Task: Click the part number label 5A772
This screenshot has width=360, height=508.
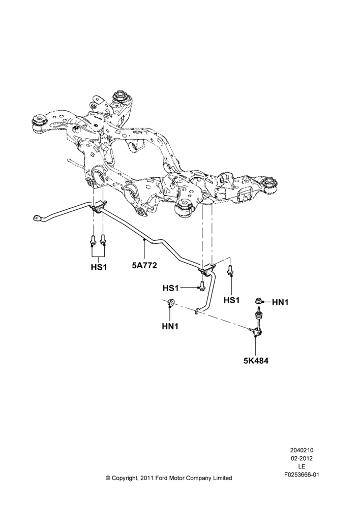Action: point(144,266)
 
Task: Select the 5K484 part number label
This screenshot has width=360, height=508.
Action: point(256,361)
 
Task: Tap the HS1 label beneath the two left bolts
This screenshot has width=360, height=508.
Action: point(99,268)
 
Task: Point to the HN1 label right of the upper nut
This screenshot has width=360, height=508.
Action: point(280,302)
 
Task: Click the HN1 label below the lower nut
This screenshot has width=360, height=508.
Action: point(170,327)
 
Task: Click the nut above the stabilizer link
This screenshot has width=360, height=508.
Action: point(258,301)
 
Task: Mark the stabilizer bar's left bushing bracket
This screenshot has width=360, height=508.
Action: point(98,208)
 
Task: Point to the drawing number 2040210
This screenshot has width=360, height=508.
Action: point(302,450)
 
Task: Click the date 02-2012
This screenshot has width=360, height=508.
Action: point(302,458)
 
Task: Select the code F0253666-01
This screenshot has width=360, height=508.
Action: point(302,475)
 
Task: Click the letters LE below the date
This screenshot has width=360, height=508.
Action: point(302,467)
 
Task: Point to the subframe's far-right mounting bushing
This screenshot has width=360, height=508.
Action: point(271,185)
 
